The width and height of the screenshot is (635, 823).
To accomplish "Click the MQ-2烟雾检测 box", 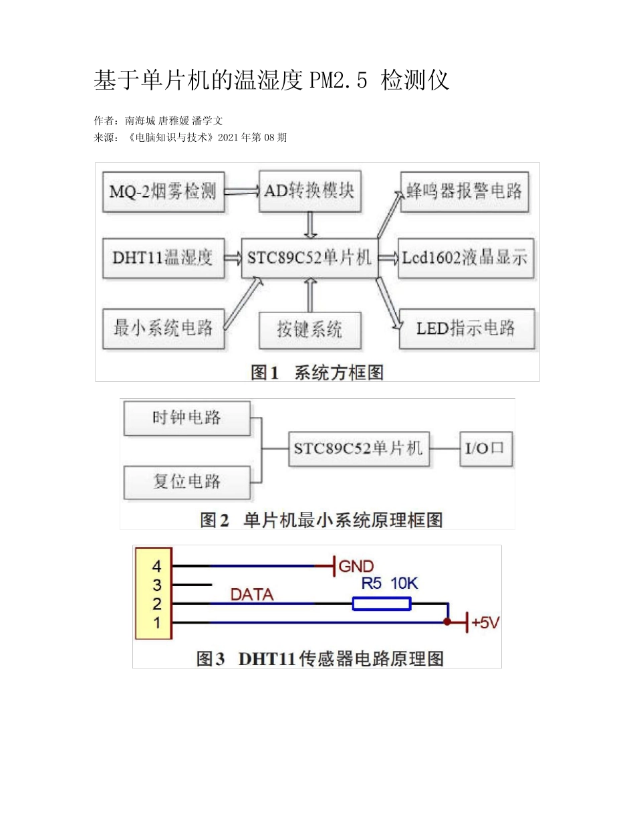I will click(x=163, y=192).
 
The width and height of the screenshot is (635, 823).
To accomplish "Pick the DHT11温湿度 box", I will click(x=163, y=258).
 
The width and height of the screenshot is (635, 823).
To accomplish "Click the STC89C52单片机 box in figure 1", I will click(x=309, y=258).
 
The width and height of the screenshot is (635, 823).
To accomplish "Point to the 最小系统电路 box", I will click(x=163, y=328).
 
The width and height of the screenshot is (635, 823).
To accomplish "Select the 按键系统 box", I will click(x=309, y=329).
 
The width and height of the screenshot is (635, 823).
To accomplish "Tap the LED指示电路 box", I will click(x=467, y=329).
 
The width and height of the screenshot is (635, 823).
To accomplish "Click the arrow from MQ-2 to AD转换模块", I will click(x=241, y=191).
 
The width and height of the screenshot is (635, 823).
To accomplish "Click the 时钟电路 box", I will click(x=186, y=418).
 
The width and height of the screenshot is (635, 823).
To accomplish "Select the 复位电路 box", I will click(x=186, y=480).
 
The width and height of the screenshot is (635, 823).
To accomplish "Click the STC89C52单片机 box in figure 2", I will click(x=358, y=448).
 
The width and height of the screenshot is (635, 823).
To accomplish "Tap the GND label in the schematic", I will click(x=356, y=567).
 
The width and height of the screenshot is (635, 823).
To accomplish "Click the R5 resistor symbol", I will click(x=382, y=604).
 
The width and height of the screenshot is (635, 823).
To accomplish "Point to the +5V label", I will click(x=485, y=623).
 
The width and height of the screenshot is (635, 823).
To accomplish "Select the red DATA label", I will click(x=252, y=593).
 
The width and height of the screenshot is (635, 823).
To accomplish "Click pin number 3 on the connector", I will click(x=157, y=585).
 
